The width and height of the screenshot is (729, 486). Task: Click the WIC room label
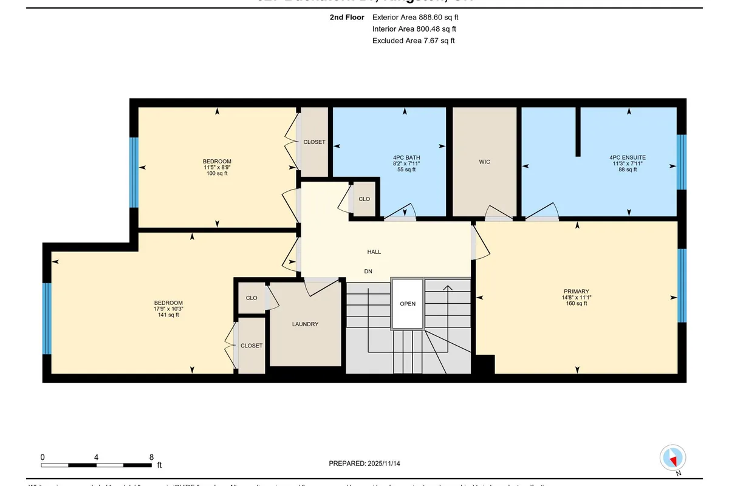(484, 162)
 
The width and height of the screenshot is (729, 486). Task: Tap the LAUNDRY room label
(305, 324)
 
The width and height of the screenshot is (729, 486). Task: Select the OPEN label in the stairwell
(408, 304)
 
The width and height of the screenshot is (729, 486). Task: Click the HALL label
(374, 252)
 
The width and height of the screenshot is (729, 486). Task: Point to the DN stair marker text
(368, 272)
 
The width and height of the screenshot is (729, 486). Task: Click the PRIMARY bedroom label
(576, 291)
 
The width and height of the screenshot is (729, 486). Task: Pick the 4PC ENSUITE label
(628, 157)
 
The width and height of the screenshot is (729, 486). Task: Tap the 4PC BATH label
(406, 157)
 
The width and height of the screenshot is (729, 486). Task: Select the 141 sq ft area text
(168, 315)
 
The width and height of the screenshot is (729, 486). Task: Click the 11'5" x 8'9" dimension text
(217, 167)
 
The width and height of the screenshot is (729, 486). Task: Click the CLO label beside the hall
(364, 199)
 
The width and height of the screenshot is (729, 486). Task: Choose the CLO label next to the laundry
(252, 298)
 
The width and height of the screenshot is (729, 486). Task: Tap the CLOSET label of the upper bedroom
(314, 142)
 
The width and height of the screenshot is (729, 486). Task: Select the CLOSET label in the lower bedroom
(252, 346)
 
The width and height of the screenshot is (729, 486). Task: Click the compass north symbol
(673, 458)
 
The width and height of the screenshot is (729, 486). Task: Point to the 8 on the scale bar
(151, 457)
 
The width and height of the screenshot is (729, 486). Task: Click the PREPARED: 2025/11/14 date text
(364, 464)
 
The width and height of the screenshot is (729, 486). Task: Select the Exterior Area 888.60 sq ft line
(415, 18)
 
